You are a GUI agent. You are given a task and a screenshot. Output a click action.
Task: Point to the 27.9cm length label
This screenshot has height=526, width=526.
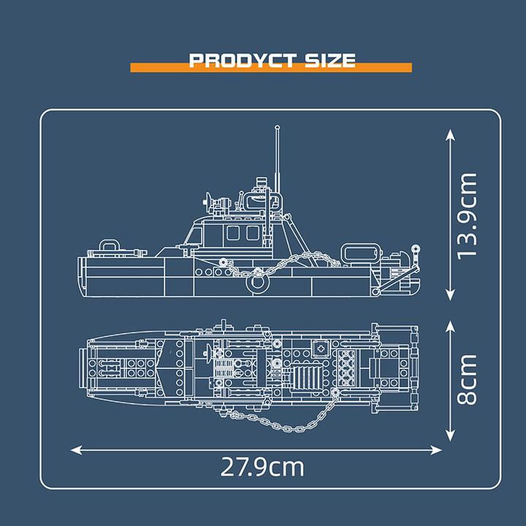262,466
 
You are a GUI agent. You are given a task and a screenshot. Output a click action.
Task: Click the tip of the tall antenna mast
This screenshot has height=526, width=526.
278,129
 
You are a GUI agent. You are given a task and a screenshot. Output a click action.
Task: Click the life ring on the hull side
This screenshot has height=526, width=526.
256,281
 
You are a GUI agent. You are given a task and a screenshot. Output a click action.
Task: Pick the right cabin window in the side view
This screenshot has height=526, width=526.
253,233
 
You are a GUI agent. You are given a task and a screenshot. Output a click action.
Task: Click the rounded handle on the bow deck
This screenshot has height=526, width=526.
109,245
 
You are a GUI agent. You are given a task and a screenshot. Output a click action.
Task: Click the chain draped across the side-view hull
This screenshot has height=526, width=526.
292,262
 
